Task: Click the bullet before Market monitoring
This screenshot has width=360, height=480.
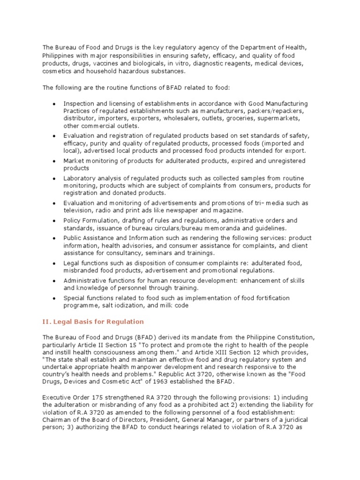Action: pyautogui.click(x=55, y=161)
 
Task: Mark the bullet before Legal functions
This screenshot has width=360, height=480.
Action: pyautogui.click(x=55, y=263)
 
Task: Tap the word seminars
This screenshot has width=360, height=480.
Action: pyautogui.click(x=153, y=253)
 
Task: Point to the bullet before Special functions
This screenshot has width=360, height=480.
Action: pyautogui.click(x=55, y=298)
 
